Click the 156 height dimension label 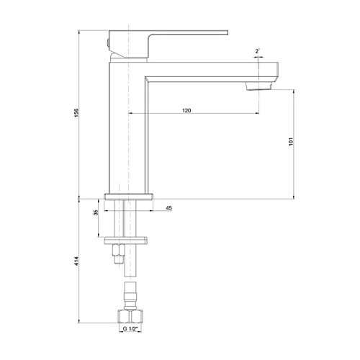(x=76, y=113)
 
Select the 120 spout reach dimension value (x=186, y=110)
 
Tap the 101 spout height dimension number (x=291, y=142)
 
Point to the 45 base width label (x=168, y=208)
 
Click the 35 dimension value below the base (x=96, y=212)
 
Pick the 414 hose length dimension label (x=76, y=261)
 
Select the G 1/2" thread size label (x=130, y=329)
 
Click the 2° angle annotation (x=257, y=51)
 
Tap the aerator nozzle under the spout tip (x=259, y=86)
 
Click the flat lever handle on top (x=168, y=32)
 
